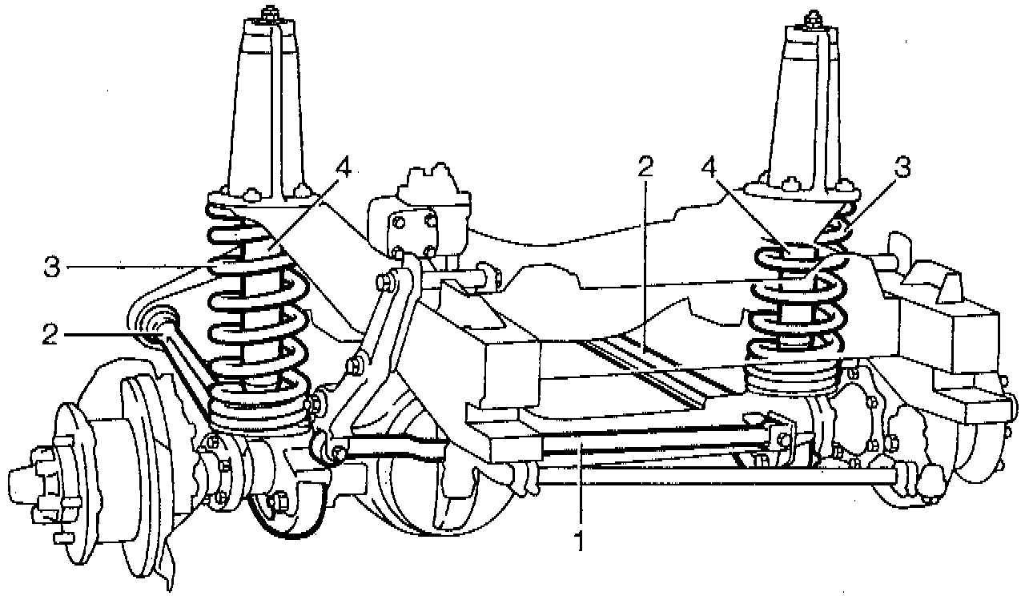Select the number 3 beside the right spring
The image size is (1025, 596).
[902, 169]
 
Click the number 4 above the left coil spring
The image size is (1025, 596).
[344, 169]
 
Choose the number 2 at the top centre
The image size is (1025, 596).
[646, 167]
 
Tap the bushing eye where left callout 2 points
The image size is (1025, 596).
[158, 324]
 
